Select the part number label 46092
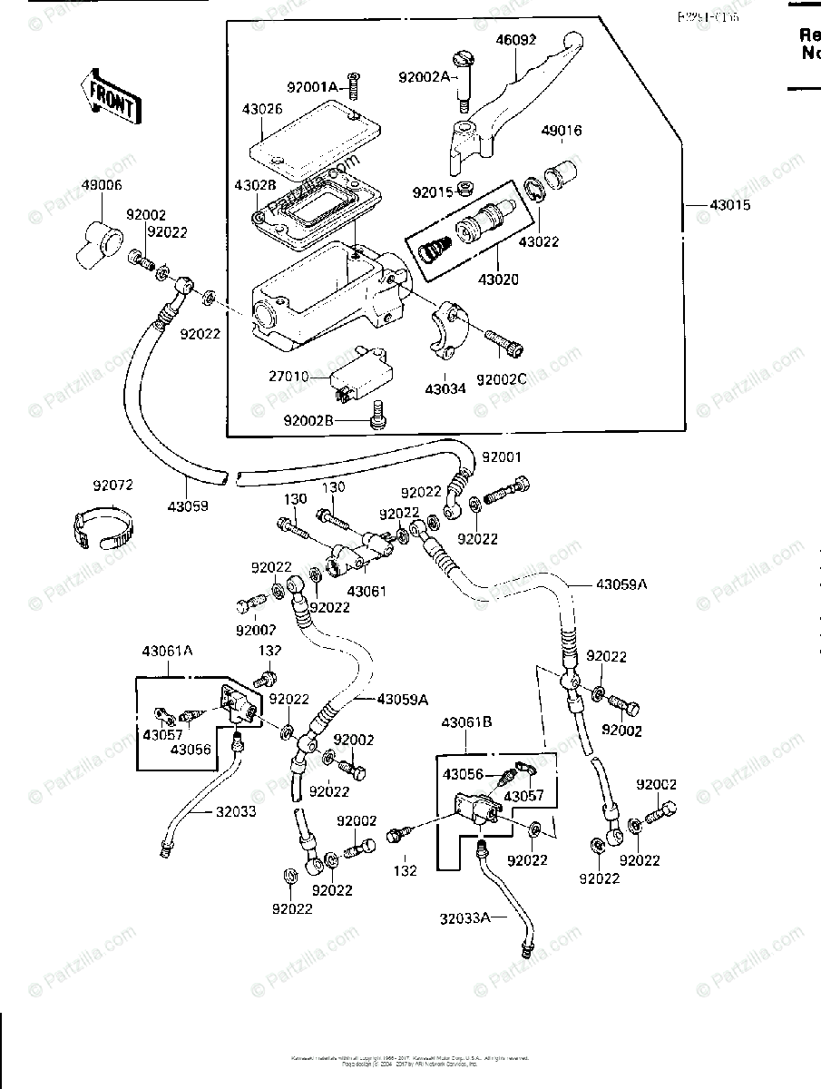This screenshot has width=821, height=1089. click(515, 41)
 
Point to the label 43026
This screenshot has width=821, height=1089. click(237, 109)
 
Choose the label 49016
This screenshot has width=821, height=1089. click(562, 131)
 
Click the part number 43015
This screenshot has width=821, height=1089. click(731, 206)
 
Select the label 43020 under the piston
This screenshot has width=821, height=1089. click(499, 280)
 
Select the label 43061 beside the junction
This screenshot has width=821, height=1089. click(367, 591)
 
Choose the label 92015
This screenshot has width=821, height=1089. click(432, 192)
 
